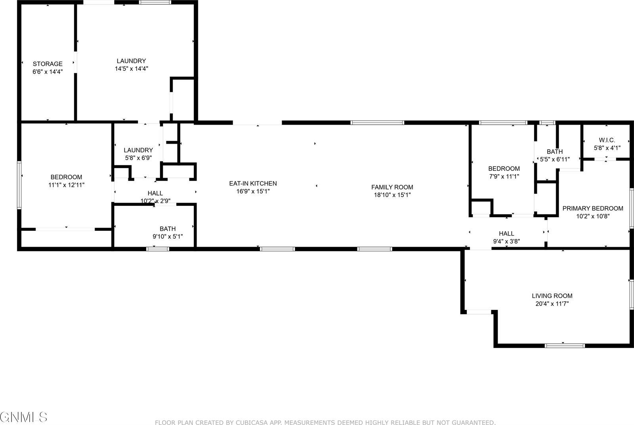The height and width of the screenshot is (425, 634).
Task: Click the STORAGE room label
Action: pyautogui.click(x=48, y=64)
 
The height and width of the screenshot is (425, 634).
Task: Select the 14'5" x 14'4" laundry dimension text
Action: pyautogui.click(x=131, y=68)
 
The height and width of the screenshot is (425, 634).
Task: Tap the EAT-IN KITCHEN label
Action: pyautogui.click(x=253, y=183)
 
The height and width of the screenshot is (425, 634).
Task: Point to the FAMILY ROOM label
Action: pyautogui.click(x=392, y=187)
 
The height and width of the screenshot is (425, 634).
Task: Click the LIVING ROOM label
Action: pyautogui.click(x=552, y=296)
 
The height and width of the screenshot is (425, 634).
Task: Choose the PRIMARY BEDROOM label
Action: pyautogui.click(x=593, y=208)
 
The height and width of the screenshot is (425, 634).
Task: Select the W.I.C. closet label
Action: pyautogui.click(x=607, y=140)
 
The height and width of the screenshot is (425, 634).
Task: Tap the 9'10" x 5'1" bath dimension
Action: pyautogui.click(x=168, y=237)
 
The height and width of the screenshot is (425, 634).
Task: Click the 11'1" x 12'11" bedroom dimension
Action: pyautogui.click(x=66, y=185)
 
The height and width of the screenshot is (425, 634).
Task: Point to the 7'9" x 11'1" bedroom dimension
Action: pyautogui.click(x=504, y=176)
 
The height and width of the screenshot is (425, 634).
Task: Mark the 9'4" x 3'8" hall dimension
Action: pyautogui.click(x=506, y=241)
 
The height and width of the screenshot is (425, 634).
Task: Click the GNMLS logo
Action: pyautogui.click(x=24, y=417)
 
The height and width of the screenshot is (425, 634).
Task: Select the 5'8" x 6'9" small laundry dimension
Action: pyautogui.click(x=138, y=157)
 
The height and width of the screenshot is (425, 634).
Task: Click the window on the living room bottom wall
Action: pyautogui.click(x=565, y=345)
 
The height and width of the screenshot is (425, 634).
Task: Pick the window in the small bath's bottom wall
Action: pyautogui.click(x=158, y=249)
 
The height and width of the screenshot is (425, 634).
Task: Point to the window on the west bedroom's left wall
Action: pyautogui.click(x=19, y=185)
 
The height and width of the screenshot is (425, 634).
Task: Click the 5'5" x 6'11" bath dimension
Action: pyautogui.click(x=555, y=159)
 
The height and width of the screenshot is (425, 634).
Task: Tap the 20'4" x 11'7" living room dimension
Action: pyautogui.click(x=552, y=304)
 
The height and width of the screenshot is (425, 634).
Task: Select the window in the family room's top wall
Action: pyautogui.click(x=377, y=123)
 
